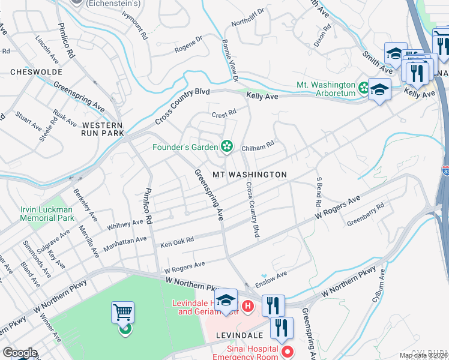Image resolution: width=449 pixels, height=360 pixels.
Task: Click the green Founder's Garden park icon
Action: coord(226,146)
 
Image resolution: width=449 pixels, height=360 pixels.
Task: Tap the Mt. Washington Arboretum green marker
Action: coord(364,89)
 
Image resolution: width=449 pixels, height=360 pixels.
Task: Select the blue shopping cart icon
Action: coord(122,313)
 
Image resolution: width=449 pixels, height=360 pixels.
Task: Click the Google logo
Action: coord(20,353)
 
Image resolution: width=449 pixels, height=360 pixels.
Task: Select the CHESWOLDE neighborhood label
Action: coord(34,71)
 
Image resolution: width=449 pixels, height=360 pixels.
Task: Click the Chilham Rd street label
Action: coord(258,144)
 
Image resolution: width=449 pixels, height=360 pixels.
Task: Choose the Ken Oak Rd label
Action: coord(177,242)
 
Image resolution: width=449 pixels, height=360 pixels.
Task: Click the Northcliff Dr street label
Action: coord(248,19)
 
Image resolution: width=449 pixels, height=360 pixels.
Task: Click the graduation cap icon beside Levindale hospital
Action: coord(226,300)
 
